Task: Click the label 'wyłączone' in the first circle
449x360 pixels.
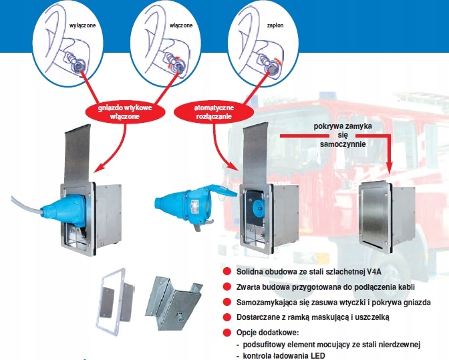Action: coord(80,25)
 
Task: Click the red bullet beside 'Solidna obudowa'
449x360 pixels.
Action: coord(227,272)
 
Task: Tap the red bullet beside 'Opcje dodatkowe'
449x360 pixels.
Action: coord(227,332)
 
